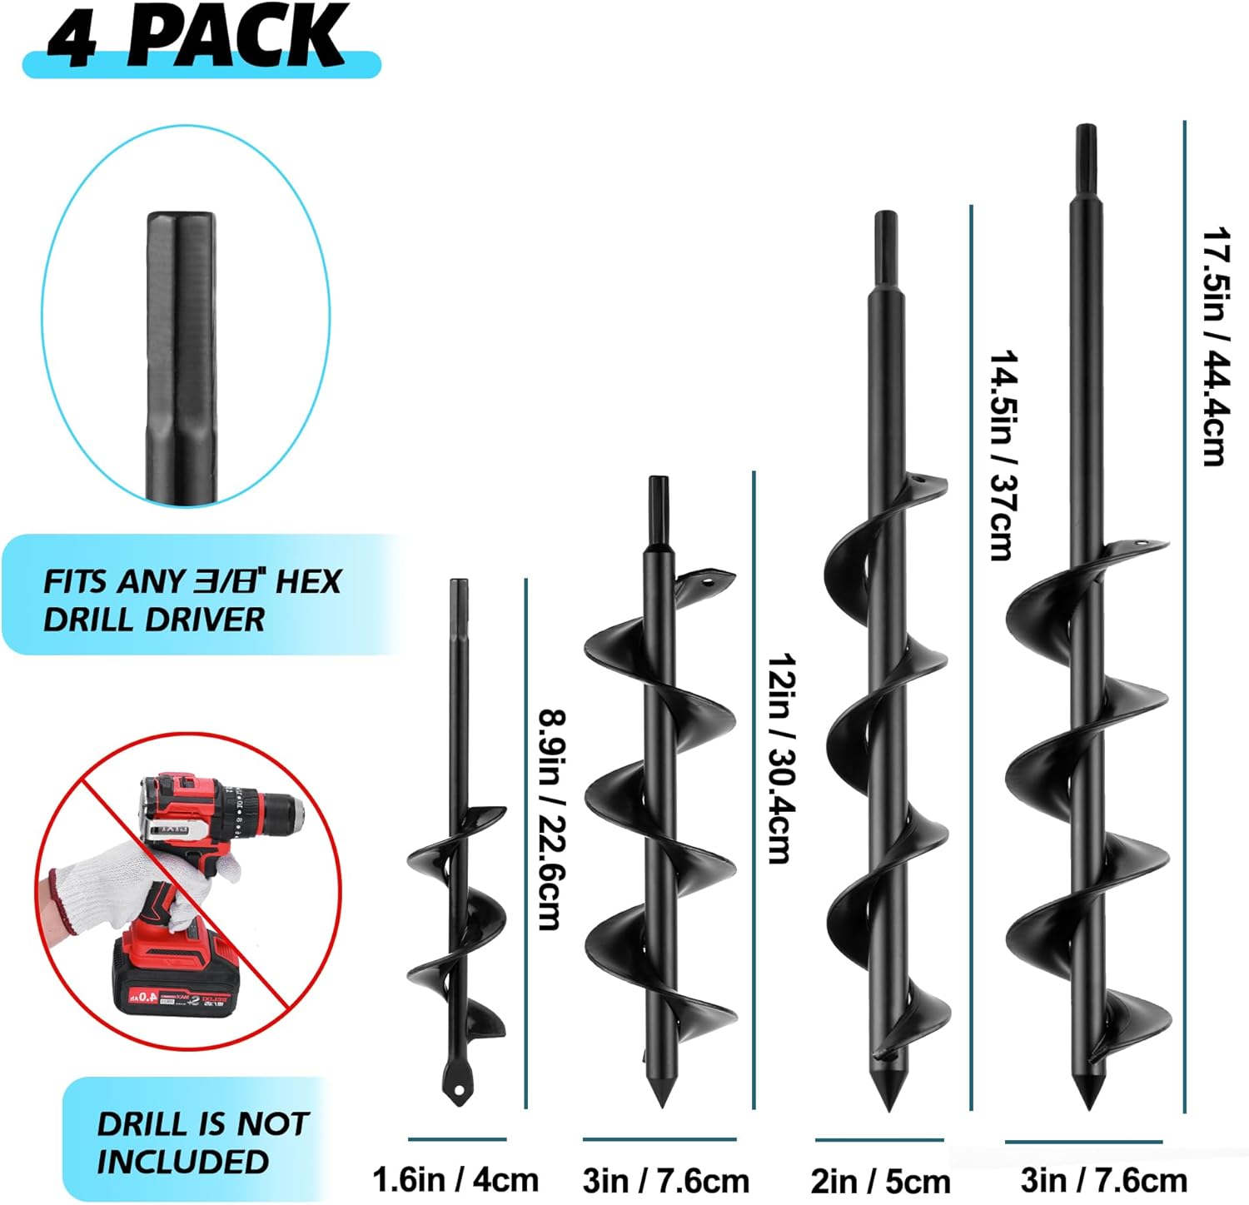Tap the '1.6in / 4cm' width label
click(x=455, y=1179)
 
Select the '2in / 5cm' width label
click(x=880, y=1181)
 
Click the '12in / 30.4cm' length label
click(x=782, y=759)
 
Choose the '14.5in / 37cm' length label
click(x=1003, y=455)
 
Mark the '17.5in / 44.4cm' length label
click(x=1215, y=346)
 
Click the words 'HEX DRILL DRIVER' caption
click(x=192, y=600)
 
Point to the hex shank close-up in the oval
click(x=182, y=358)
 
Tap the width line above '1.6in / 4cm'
click(x=457, y=1138)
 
